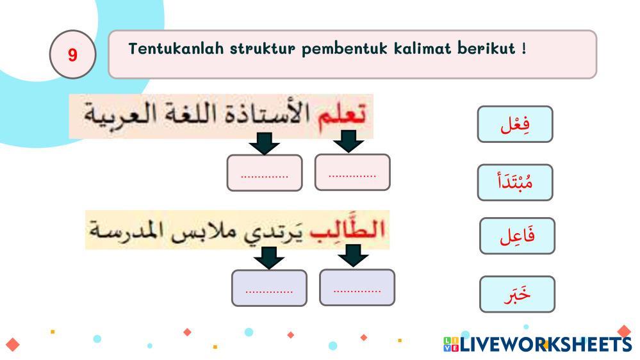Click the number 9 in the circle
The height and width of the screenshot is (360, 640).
72,54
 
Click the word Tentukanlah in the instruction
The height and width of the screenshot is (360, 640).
176,49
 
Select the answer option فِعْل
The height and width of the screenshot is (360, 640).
515,124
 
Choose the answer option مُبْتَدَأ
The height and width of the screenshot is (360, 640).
515,182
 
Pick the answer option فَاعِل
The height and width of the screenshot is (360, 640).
517,236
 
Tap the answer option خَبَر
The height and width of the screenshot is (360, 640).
517,294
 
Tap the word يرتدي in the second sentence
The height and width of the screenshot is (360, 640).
274,233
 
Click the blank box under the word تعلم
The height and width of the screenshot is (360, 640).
352,172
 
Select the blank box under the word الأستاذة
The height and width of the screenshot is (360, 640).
265,173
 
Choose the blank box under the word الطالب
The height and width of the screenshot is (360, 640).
357,288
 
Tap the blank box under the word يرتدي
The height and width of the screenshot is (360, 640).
269,288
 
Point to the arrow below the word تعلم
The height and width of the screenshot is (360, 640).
349,141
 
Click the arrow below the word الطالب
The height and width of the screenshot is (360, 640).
354,256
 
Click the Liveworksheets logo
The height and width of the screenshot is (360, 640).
537,344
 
